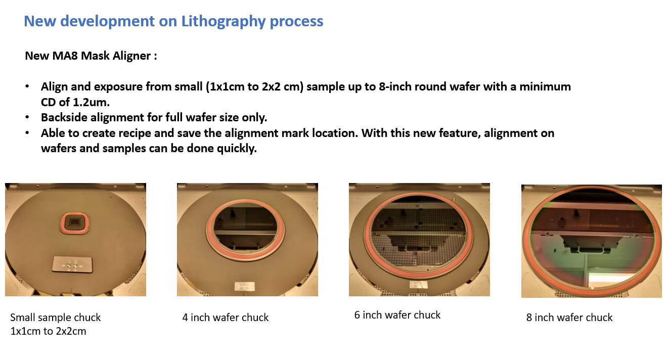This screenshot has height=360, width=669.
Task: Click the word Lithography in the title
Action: pos(223,22)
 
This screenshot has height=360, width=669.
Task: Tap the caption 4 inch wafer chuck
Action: pos(226,318)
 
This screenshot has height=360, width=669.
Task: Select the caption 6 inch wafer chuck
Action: pos(397,315)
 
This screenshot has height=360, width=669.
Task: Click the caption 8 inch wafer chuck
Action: pos(569,318)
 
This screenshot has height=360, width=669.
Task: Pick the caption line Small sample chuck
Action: pos(55,318)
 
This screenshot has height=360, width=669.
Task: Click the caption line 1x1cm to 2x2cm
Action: pos(48,331)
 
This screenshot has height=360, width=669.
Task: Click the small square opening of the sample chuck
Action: pos(75,222)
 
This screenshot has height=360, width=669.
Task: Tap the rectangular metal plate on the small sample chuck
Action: pos(72,264)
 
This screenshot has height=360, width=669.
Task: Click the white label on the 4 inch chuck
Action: pos(245,286)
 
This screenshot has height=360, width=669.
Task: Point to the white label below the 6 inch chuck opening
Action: pos(418,285)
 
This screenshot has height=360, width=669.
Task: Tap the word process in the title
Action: pos(296,22)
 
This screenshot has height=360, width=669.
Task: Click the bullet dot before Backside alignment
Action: pos(27,117)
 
